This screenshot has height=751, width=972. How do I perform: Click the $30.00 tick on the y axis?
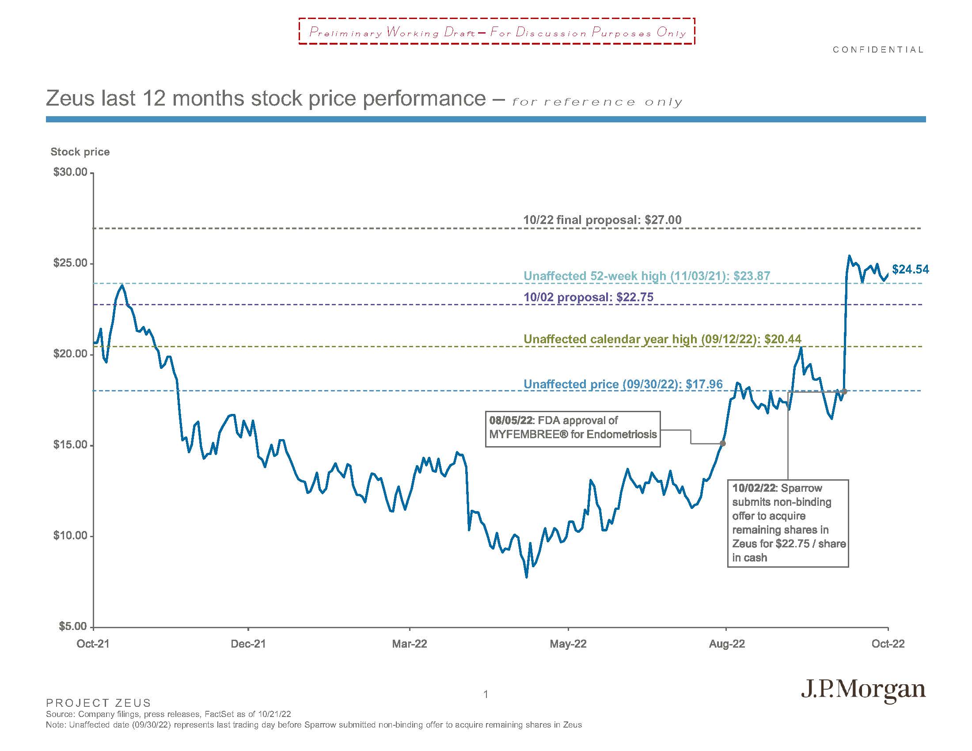[x=70, y=173]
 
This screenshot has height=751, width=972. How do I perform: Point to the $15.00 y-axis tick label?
[x=70, y=445]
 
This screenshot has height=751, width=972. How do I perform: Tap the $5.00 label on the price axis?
[x=73, y=626]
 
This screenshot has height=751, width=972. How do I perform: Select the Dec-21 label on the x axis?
[x=248, y=644]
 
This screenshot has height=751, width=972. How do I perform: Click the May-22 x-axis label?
[x=568, y=644]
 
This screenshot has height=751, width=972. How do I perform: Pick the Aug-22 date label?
[x=726, y=644]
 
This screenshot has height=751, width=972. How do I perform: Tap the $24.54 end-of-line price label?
[x=910, y=269]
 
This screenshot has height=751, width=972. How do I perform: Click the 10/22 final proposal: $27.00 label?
[x=602, y=220]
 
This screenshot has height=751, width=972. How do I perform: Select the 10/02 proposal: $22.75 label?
[x=589, y=297]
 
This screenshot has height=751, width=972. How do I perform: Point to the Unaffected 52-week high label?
[x=647, y=276]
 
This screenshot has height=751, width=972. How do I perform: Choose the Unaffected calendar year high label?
[x=662, y=339]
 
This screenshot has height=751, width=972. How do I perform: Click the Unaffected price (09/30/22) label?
[x=623, y=384]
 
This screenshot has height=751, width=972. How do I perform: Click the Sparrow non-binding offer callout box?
[x=788, y=523]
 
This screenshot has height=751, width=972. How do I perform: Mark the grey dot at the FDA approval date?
[x=723, y=443]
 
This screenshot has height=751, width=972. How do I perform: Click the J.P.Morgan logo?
[x=863, y=690]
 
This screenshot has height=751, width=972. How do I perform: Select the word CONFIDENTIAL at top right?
[x=878, y=50]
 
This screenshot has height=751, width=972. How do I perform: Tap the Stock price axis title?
[x=80, y=152]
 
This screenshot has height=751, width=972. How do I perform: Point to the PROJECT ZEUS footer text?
[x=99, y=703]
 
